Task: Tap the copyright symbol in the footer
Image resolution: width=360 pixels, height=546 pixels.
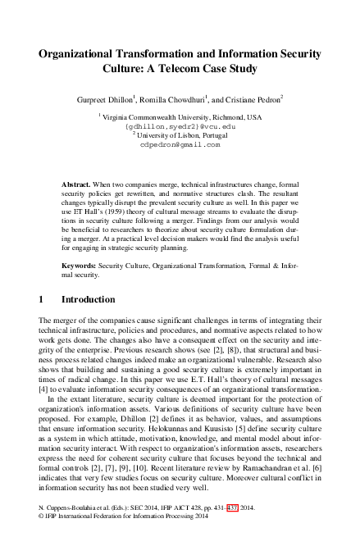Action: point(43,527)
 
